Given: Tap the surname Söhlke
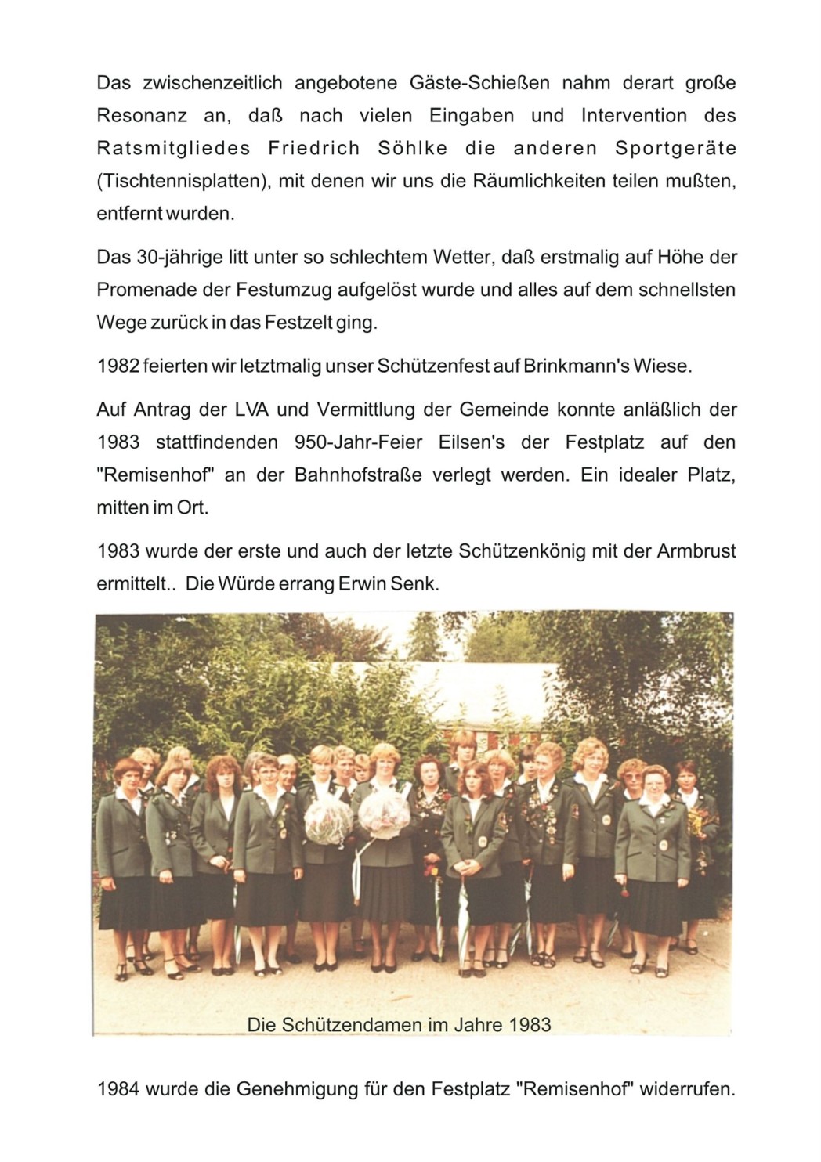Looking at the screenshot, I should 413,149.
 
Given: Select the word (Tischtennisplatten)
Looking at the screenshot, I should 183,182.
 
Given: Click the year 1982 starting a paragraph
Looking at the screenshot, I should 118,366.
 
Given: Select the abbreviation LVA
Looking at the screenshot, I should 251,410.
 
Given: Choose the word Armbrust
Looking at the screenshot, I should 696,551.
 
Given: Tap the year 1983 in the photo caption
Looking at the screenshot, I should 530,1025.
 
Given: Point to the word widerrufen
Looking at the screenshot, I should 687,1089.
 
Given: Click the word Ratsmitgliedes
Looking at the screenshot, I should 173,149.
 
